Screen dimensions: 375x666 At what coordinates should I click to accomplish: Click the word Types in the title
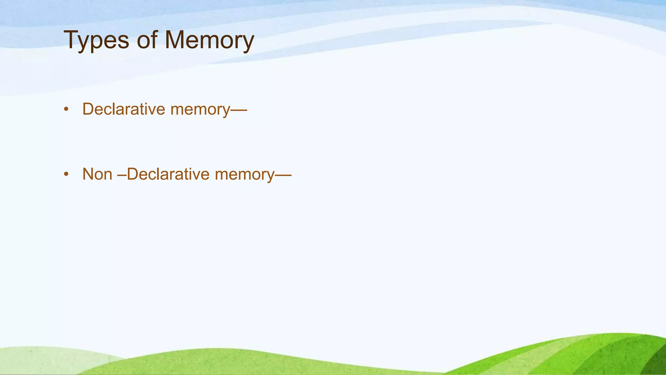(96, 40)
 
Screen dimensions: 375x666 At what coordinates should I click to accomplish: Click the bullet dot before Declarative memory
(66, 109)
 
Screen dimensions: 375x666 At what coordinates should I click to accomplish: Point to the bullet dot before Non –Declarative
(66, 174)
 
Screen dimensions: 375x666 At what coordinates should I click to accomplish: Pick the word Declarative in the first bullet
(124, 109)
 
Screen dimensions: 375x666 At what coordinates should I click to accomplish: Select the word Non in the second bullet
(97, 174)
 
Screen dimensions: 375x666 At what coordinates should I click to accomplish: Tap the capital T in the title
(71, 40)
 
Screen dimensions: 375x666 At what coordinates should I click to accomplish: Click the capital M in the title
(176, 40)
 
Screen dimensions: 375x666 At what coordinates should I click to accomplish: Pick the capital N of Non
(88, 174)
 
